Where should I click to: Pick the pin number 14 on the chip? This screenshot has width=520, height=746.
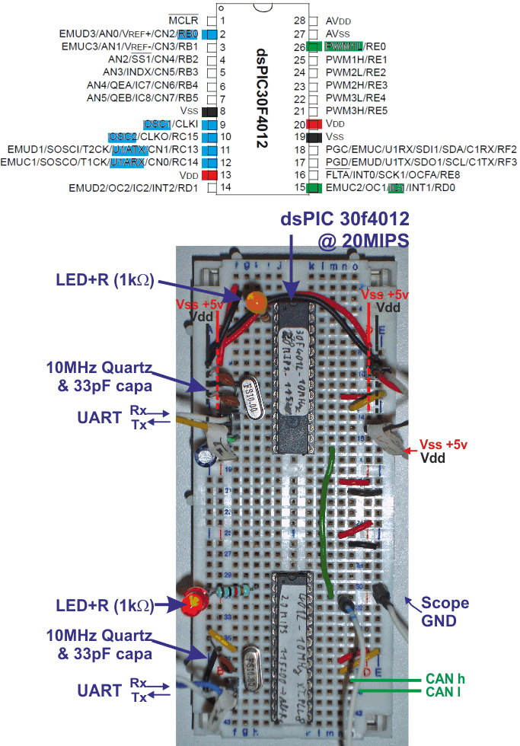[x=225, y=187]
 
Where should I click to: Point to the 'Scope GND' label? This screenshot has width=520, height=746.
[x=445, y=611]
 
